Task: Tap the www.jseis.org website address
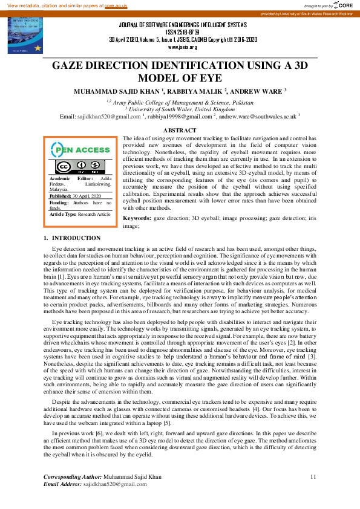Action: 182,47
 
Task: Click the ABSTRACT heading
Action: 180,131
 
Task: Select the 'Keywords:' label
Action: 136,217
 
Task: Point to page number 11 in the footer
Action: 313,478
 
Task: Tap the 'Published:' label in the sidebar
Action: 61,196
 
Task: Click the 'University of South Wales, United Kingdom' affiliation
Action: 180,109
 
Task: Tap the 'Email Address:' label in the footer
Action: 62,484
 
